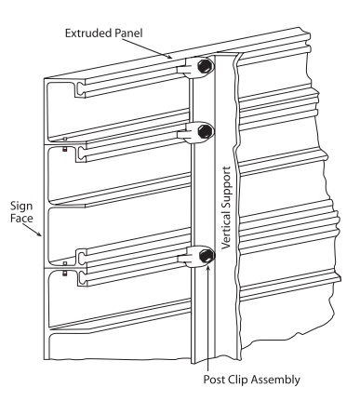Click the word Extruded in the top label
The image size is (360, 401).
87,33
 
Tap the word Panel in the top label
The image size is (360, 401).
127,33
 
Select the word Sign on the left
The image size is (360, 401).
21,207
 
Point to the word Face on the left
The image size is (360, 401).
21,218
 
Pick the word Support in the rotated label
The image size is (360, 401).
227,186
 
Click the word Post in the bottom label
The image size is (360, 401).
214,380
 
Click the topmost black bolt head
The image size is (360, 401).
205,67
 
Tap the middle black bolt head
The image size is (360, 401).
206,131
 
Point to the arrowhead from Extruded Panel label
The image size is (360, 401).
169,57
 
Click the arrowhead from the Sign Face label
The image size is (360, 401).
39,234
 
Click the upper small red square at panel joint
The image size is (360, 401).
65,150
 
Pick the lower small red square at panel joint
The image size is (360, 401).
65,274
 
